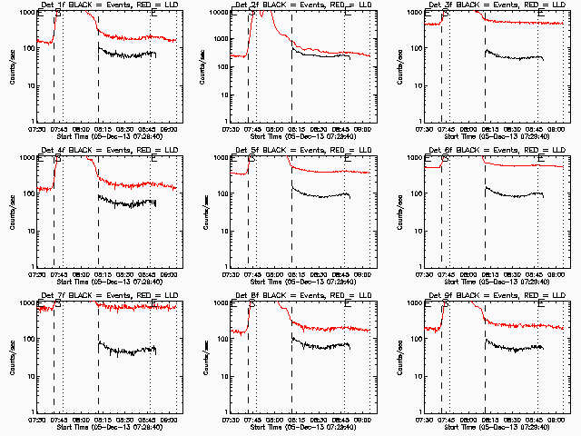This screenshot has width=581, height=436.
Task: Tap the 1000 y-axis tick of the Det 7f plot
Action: (x=28, y=304)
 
